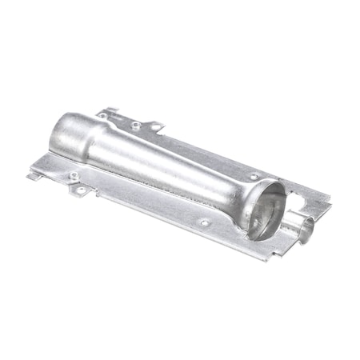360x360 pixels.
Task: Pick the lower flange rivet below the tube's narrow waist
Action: click(x=204, y=222)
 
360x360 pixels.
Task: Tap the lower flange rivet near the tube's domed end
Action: click(x=74, y=175)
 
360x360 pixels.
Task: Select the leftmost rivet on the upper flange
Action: click(x=102, y=117)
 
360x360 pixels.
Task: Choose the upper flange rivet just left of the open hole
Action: click(x=136, y=124)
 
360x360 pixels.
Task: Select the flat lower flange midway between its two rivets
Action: click(x=140, y=199)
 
